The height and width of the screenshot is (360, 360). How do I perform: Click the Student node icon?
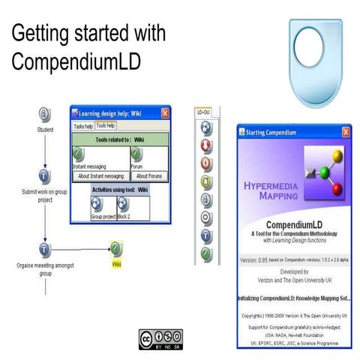point(45,115)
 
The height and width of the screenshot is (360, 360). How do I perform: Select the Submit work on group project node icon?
point(45,177)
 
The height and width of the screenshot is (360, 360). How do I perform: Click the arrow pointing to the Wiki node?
point(101,249)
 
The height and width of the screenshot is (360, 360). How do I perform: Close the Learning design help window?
point(165,113)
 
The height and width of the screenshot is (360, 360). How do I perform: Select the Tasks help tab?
point(83,126)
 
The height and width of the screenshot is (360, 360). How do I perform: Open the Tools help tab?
point(106,126)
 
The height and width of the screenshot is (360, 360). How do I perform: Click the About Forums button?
point(147,176)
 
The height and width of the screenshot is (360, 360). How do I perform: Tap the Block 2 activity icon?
point(123,205)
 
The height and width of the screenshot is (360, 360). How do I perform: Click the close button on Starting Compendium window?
point(346,131)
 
